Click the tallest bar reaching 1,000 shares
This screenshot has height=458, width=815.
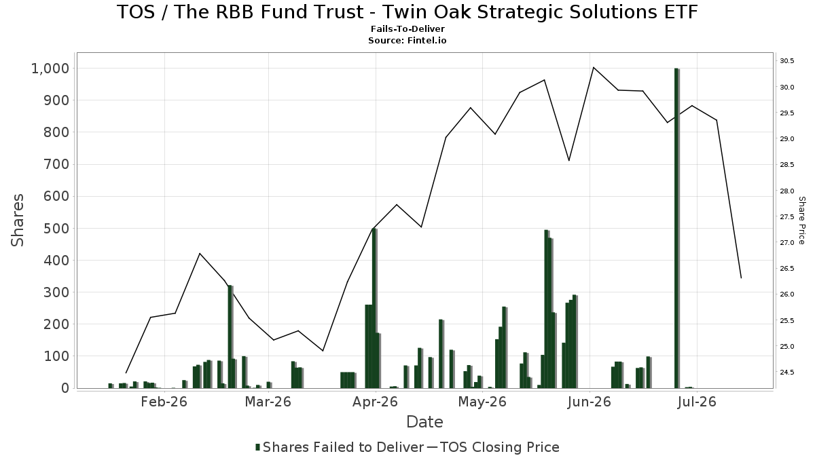(x=676, y=228)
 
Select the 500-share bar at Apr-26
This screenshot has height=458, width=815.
(x=375, y=308)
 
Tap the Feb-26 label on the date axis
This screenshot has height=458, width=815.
(x=164, y=402)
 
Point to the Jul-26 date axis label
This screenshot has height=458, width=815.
(x=697, y=402)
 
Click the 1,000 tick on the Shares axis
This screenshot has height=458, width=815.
(x=50, y=69)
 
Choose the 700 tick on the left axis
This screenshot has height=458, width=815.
(x=56, y=164)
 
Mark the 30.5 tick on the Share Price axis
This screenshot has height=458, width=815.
(x=787, y=60)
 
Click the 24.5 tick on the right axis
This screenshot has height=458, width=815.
(x=787, y=373)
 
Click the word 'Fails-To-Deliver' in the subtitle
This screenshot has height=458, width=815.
(x=407, y=28)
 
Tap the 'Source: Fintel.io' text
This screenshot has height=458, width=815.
(x=407, y=40)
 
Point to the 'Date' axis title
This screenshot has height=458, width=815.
(x=424, y=422)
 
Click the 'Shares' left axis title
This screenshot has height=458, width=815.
(x=18, y=221)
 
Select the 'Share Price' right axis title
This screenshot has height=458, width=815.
(x=801, y=221)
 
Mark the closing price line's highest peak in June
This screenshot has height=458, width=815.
(x=593, y=67)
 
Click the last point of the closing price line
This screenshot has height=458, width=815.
(x=741, y=278)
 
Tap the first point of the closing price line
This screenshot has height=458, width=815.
(x=126, y=373)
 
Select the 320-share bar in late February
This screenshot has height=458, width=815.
(x=230, y=337)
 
